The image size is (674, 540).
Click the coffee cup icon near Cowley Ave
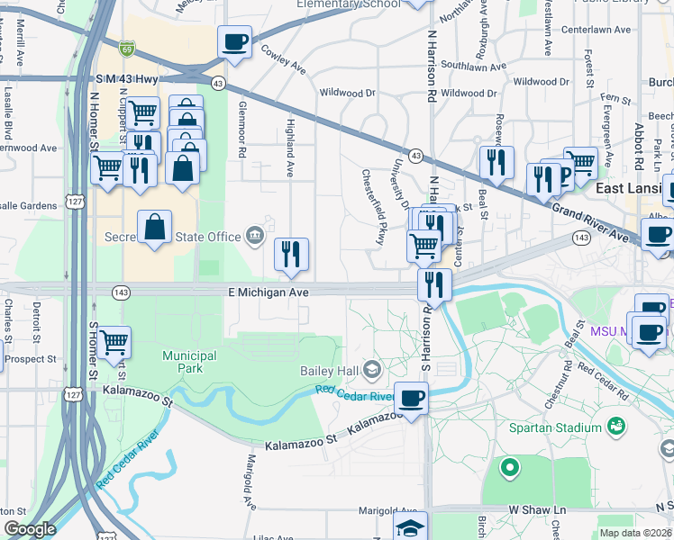pyautogui.click(x=235, y=41)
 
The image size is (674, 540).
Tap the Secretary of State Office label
pyautogui.click(x=186, y=237)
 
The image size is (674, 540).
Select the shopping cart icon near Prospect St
pyautogui.click(x=114, y=342)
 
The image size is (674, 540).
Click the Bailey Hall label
pyautogui.click(x=329, y=371)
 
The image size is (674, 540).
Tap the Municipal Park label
pyautogui.click(x=189, y=362)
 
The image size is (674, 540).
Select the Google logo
pyautogui.click(x=30, y=529)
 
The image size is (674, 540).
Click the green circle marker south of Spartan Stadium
pyautogui.click(x=509, y=467)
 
